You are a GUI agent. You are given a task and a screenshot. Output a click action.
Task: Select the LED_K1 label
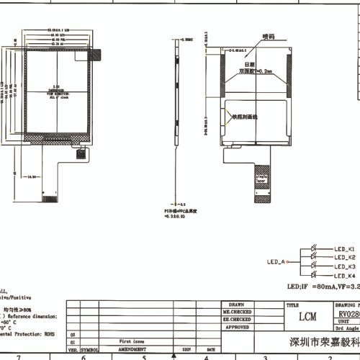point(345,248)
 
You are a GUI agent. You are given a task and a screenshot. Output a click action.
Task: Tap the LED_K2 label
point(345,257)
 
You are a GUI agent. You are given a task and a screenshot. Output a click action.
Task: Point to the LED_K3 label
point(345,266)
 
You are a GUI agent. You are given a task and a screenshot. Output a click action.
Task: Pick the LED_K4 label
point(345,276)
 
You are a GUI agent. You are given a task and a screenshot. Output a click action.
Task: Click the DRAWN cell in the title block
point(238,305)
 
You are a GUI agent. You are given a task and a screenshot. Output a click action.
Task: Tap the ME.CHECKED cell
point(238,312)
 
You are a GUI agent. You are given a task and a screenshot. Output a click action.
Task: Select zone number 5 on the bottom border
point(144,356)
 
